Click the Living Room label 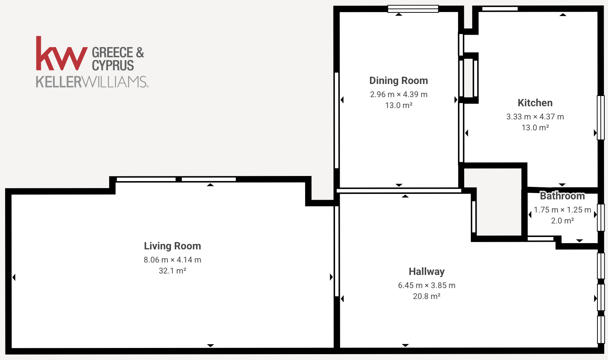(x=172, y=246)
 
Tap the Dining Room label (x=399, y=81)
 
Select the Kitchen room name (x=535, y=103)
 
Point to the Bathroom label (x=562, y=196)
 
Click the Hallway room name (x=427, y=272)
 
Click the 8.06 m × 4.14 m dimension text (x=172, y=260)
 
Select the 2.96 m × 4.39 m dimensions (x=399, y=95)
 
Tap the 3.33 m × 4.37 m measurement (x=535, y=117)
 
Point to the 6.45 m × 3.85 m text (x=427, y=286)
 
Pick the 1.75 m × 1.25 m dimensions (x=562, y=210)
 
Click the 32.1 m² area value (x=172, y=271)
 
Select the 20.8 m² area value (x=427, y=296)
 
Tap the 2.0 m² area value (x=562, y=221)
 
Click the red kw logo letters (x=62, y=53)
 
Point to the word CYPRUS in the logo (x=113, y=65)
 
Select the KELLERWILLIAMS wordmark (x=92, y=82)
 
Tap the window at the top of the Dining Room (x=413, y=9)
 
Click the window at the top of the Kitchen (x=500, y=9)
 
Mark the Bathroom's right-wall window (x=601, y=218)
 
